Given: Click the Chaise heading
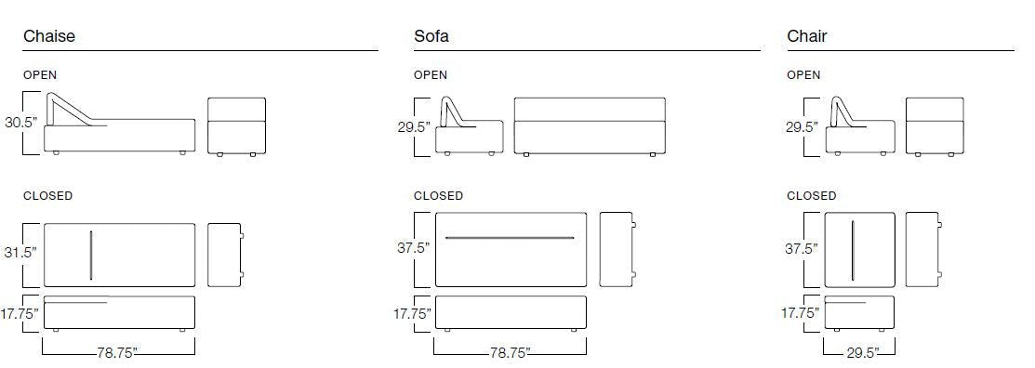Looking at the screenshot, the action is (49, 36).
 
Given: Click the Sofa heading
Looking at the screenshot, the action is (431, 36).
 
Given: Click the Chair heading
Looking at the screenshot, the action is (806, 36).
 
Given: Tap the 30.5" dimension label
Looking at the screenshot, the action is (21, 123).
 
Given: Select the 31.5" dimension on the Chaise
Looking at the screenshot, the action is (21, 253).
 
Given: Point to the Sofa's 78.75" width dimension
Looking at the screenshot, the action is (511, 353).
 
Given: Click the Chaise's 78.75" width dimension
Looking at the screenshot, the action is (117, 353).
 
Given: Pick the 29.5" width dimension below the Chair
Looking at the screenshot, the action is (863, 353).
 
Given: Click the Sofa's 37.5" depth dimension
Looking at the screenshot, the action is (413, 248).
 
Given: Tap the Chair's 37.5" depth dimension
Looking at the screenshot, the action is (802, 249).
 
